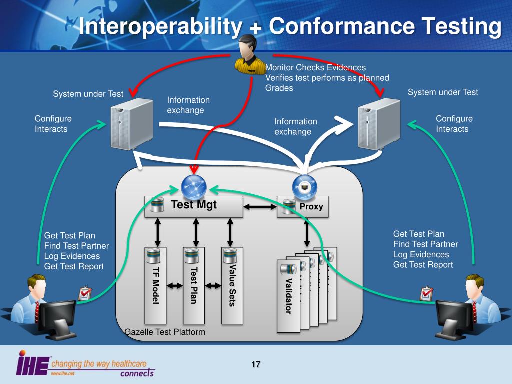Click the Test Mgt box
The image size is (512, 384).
click(194, 206)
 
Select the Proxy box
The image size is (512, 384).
click(303, 207)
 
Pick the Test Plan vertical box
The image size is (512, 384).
click(194, 285)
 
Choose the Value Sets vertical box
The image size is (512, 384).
click(232, 285)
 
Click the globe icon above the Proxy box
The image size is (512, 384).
click(304, 186)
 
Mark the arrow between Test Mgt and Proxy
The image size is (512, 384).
click(260, 206)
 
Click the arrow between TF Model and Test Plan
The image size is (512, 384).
click(174, 286)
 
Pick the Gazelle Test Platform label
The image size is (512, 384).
click(164, 332)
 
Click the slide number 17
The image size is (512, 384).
click(256, 364)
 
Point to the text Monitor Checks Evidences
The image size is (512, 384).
click(315, 68)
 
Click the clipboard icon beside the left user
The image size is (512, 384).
click(84, 293)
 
